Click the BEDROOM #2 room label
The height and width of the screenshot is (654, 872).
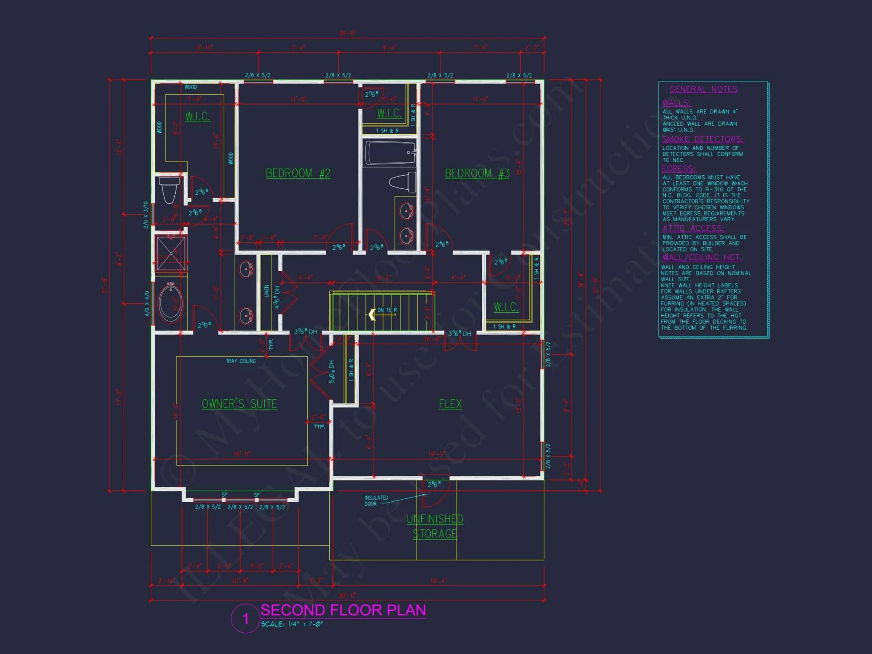(298, 174)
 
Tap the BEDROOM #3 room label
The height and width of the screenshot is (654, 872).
(477, 174)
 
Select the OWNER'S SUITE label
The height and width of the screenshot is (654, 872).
(239, 404)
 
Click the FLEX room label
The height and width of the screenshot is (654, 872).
(450, 404)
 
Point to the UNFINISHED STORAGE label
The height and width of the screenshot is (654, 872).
(435, 526)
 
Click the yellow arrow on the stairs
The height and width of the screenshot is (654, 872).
(372, 314)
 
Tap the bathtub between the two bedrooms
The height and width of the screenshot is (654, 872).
(390, 153)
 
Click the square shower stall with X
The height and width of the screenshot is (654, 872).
(171, 253)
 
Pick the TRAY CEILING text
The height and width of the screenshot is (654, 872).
(241, 361)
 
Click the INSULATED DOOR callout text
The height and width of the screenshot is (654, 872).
(376, 501)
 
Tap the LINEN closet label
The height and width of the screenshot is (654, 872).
(266, 291)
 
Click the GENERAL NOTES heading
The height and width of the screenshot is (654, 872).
(703, 89)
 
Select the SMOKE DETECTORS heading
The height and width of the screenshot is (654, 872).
(702, 140)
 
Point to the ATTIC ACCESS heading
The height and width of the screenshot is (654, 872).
(693, 228)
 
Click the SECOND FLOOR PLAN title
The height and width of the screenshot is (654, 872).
(343, 610)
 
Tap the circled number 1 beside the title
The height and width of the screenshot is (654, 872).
(245, 618)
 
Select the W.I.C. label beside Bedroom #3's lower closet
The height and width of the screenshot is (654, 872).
(506, 307)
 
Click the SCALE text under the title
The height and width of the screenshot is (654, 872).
(292, 624)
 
